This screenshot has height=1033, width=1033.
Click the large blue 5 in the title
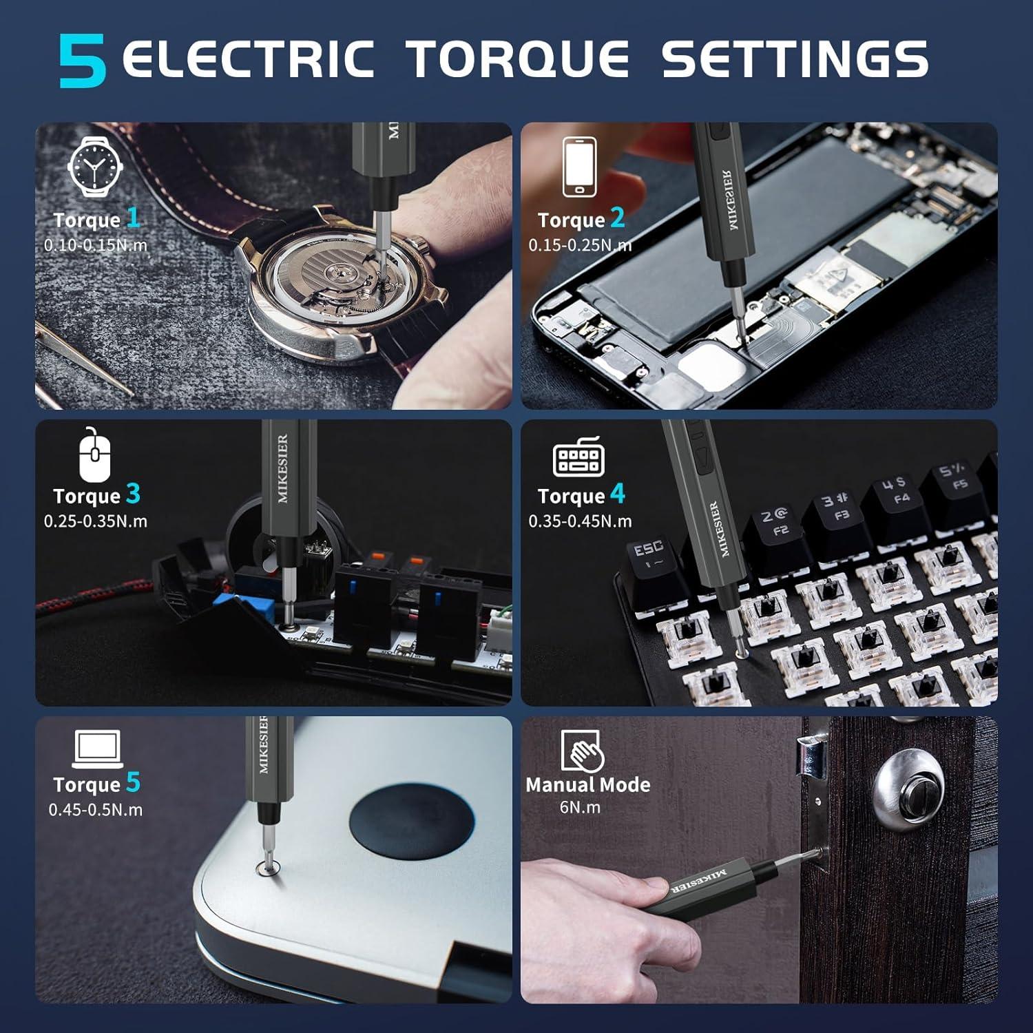(x=83, y=61)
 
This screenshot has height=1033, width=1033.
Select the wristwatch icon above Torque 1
(x=96, y=167)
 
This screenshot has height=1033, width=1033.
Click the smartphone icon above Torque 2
(x=579, y=167)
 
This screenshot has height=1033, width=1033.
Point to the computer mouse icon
(x=94, y=455)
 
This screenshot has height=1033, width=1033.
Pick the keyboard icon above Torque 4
(x=579, y=456)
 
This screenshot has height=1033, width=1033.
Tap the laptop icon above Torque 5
(x=97, y=749)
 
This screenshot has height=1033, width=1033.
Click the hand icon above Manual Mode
(x=582, y=751)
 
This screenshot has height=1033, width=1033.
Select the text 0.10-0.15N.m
(x=96, y=245)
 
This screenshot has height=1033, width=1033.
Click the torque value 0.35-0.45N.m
(x=580, y=521)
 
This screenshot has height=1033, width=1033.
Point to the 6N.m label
(x=580, y=807)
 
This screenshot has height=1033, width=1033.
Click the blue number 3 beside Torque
(x=133, y=494)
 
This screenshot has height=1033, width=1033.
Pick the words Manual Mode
(x=587, y=784)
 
